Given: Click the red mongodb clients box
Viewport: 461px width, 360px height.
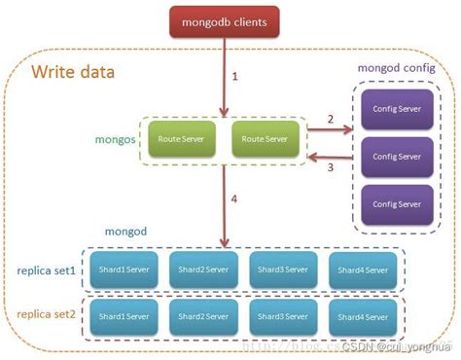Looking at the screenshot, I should coord(225,18).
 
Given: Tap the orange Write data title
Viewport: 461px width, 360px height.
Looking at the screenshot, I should coord(73,72).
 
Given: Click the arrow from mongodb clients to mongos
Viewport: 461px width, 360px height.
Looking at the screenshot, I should coord(226,78).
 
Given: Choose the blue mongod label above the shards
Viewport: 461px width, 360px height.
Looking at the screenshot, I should coord(124,234).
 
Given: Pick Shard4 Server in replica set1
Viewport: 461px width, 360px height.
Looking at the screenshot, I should coord(363,270).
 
